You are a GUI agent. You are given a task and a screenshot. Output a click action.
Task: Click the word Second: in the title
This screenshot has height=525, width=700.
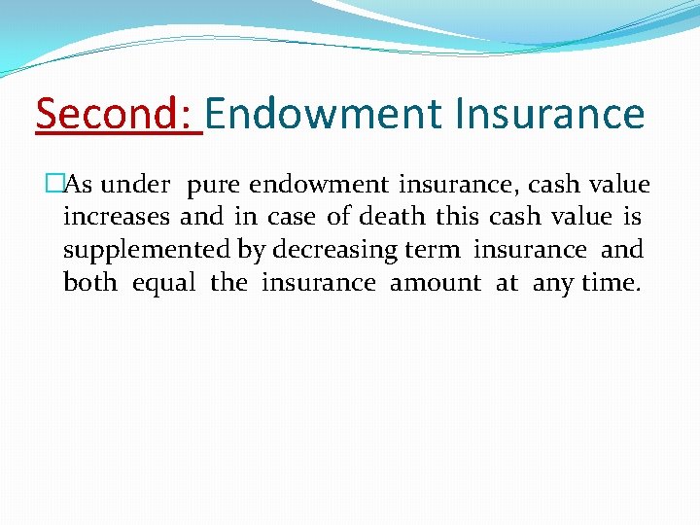coord(118,115)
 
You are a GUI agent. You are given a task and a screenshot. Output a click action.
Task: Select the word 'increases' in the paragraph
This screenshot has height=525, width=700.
coord(117,217)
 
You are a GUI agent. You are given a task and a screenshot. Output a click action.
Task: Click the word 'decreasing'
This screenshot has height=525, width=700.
coord(334,250)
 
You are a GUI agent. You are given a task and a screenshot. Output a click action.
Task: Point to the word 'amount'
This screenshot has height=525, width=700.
coord(435,282)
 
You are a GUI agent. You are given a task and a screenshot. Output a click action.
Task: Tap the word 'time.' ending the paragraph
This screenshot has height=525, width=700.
coord(611,282)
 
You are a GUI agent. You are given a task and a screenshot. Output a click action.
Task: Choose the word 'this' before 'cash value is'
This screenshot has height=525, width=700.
coord(458,217)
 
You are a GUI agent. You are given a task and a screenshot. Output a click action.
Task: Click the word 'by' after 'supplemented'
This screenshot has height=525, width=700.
coord(251,250)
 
